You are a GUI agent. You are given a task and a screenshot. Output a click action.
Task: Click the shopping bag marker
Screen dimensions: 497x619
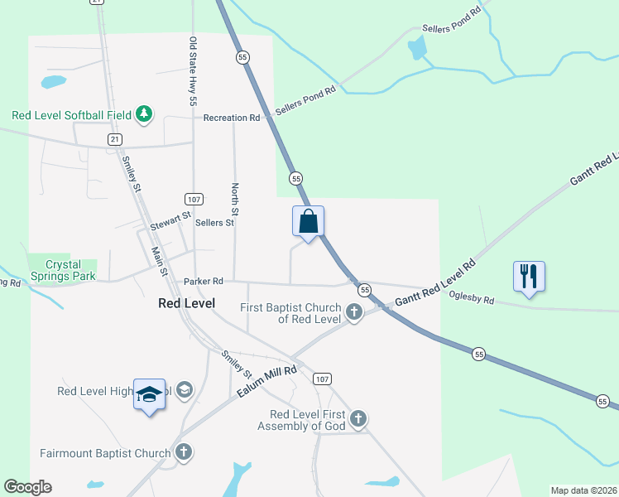click(x=308, y=222)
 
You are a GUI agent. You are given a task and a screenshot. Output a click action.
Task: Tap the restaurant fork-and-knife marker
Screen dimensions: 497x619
click(x=529, y=277)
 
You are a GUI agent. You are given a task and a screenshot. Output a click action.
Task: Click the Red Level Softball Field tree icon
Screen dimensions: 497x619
click(x=144, y=113)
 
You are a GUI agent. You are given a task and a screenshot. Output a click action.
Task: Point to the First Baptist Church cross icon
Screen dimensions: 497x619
click(x=354, y=312)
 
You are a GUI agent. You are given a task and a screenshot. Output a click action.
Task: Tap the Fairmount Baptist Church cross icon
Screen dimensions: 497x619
click(x=184, y=452)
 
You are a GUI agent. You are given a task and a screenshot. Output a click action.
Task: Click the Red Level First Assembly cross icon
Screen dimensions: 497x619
click(x=357, y=419)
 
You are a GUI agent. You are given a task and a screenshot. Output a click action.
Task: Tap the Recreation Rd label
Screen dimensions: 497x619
click(x=232, y=118)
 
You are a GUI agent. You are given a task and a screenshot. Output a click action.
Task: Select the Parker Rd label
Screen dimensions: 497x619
click(x=204, y=282)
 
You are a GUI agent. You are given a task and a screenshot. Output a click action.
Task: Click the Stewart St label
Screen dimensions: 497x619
click(x=170, y=220)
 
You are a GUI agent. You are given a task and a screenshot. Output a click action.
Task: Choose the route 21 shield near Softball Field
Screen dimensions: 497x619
click(x=114, y=138)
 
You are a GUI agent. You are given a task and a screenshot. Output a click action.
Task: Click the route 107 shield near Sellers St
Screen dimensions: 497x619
click(x=194, y=200)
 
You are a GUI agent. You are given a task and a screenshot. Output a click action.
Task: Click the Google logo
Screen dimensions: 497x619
click(x=28, y=487)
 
